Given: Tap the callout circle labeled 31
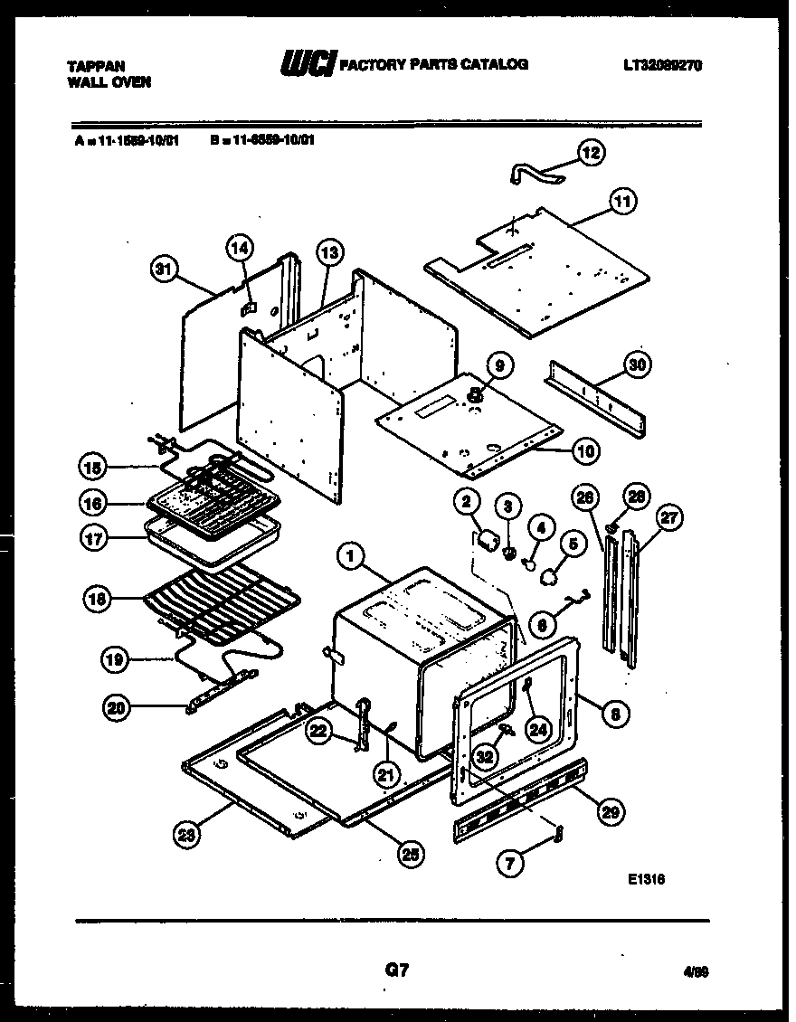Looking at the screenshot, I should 163,268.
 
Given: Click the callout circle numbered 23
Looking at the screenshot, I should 187,837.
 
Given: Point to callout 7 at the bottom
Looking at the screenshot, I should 510,863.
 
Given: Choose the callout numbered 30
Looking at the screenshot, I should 638,365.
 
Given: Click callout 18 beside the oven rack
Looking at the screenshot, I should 95,598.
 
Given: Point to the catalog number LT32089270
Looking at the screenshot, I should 662,66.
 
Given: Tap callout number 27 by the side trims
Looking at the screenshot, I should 670,518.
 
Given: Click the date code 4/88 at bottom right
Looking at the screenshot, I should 696,971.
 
